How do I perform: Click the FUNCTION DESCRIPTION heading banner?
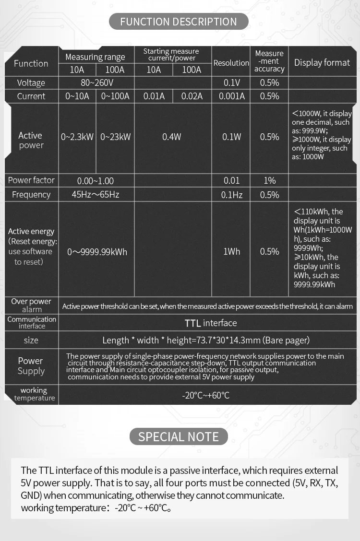click(179, 22)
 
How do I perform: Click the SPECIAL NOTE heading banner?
click(179, 436)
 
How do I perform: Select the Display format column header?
click(322, 63)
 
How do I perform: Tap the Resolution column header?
click(231, 63)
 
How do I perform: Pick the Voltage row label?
click(31, 82)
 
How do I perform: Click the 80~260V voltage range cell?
click(97, 82)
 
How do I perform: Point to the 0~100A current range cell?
click(115, 96)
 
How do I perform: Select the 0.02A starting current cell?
click(192, 96)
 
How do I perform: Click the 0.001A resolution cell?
click(231, 96)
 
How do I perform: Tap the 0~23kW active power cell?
click(115, 137)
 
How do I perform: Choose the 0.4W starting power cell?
click(172, 137)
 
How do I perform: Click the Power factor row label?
click(31, 180)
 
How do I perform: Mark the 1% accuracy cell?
click(269, 180)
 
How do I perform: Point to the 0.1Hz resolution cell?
click(231, 195)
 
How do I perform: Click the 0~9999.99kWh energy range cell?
click(97, 252)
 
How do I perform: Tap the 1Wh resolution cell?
click(231, 251)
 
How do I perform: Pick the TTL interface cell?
click(211, 323)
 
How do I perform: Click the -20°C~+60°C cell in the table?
click(206, 396)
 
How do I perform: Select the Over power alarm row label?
click(31, 306)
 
